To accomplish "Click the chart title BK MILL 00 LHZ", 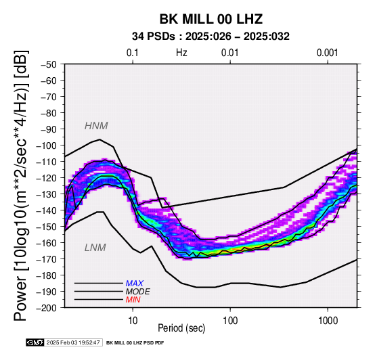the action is (211, 19).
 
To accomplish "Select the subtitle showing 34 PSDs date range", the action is (211, 37).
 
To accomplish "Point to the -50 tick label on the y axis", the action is (49, 64).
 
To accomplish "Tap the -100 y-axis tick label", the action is (47, 145).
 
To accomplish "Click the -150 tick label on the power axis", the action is (47, 227).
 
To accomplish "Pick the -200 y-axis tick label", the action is (47, 308).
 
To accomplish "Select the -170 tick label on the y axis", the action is (47, 259).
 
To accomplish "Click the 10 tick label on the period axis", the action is (133, 321).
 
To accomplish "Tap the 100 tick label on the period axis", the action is (230, 321).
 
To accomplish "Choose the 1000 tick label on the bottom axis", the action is (328, 321).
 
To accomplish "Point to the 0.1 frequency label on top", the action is (133, 53).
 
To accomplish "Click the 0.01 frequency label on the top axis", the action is (230, 53).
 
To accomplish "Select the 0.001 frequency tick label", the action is (328, 53).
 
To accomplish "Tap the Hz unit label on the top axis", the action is (181, 53).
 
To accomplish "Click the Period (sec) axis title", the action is (181, 328).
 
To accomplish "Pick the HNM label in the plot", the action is (96, 126).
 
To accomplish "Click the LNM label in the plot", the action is (95, 248).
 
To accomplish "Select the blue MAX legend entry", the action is (134, 284).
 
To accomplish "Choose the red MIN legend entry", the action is (133, 300).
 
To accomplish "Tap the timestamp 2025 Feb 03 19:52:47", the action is (73, 342).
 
